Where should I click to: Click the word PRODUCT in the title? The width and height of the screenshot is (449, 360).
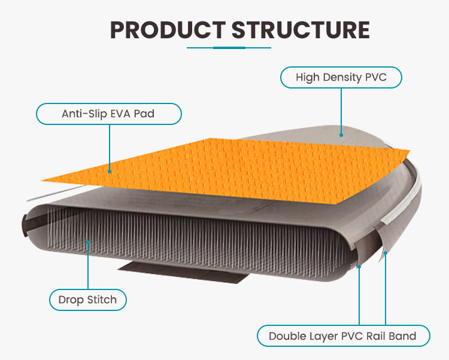(166, 30)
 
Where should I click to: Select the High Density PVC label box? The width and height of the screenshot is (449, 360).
(341, 78)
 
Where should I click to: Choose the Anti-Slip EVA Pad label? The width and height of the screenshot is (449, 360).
(108, 114)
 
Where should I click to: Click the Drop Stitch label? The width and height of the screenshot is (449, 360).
(88, 300)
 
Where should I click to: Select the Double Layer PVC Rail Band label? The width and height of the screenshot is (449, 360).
(343, 336)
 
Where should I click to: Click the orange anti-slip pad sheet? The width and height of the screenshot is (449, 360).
(239, 167)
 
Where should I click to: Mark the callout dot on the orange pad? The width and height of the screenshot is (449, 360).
(110, 170)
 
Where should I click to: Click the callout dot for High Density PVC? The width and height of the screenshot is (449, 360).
(341, 135)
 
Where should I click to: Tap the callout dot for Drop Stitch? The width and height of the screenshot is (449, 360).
(88, 242)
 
